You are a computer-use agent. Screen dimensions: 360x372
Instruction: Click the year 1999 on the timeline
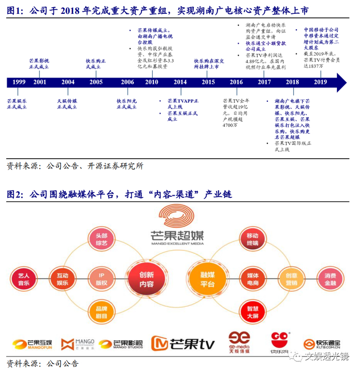click(19, 82)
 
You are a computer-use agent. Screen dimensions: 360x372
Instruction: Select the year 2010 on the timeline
click(151, 82)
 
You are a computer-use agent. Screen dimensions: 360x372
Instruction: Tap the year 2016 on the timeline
click(236, 82)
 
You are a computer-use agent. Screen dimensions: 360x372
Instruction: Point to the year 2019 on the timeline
click(320, 82)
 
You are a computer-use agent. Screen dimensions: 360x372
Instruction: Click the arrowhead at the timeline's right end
click(340, 82)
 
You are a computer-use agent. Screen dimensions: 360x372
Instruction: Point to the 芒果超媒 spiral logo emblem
click(176, 216)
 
